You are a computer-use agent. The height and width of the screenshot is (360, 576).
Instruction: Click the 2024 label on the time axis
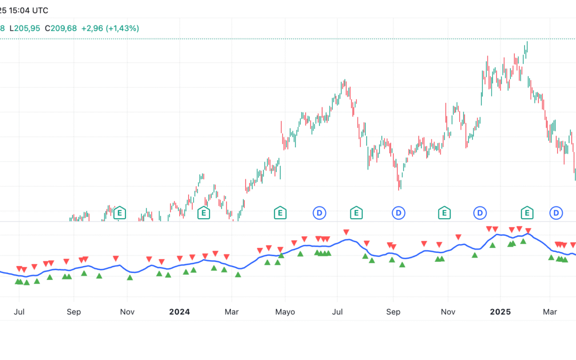pos(179,311)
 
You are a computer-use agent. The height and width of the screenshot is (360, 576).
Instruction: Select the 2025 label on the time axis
pos(500,311)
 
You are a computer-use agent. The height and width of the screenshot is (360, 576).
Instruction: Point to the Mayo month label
pos(285,311)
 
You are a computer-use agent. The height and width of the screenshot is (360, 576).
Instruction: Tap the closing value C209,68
pos(61,28)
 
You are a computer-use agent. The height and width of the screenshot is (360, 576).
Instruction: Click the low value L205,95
pos(25,28)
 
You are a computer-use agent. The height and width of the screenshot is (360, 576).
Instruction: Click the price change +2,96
pos(91,28)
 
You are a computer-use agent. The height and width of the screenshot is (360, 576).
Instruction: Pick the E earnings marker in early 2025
pos(527,213)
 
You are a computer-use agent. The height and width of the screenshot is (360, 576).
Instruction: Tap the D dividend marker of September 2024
pos(398,213)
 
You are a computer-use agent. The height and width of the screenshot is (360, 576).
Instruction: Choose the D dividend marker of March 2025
pos(556,213)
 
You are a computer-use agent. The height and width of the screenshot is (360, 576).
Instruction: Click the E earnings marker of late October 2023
pos(119,213)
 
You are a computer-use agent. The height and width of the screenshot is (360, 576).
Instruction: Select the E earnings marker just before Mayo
pos(279,213)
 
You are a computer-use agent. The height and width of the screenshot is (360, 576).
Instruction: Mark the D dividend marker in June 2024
pos(319,213)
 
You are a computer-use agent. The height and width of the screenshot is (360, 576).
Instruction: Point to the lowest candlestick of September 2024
pos(399,181)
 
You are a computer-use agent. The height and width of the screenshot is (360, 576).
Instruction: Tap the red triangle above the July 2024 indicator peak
pos(347,232)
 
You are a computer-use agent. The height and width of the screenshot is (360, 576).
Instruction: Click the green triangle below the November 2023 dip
pos(130,277)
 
